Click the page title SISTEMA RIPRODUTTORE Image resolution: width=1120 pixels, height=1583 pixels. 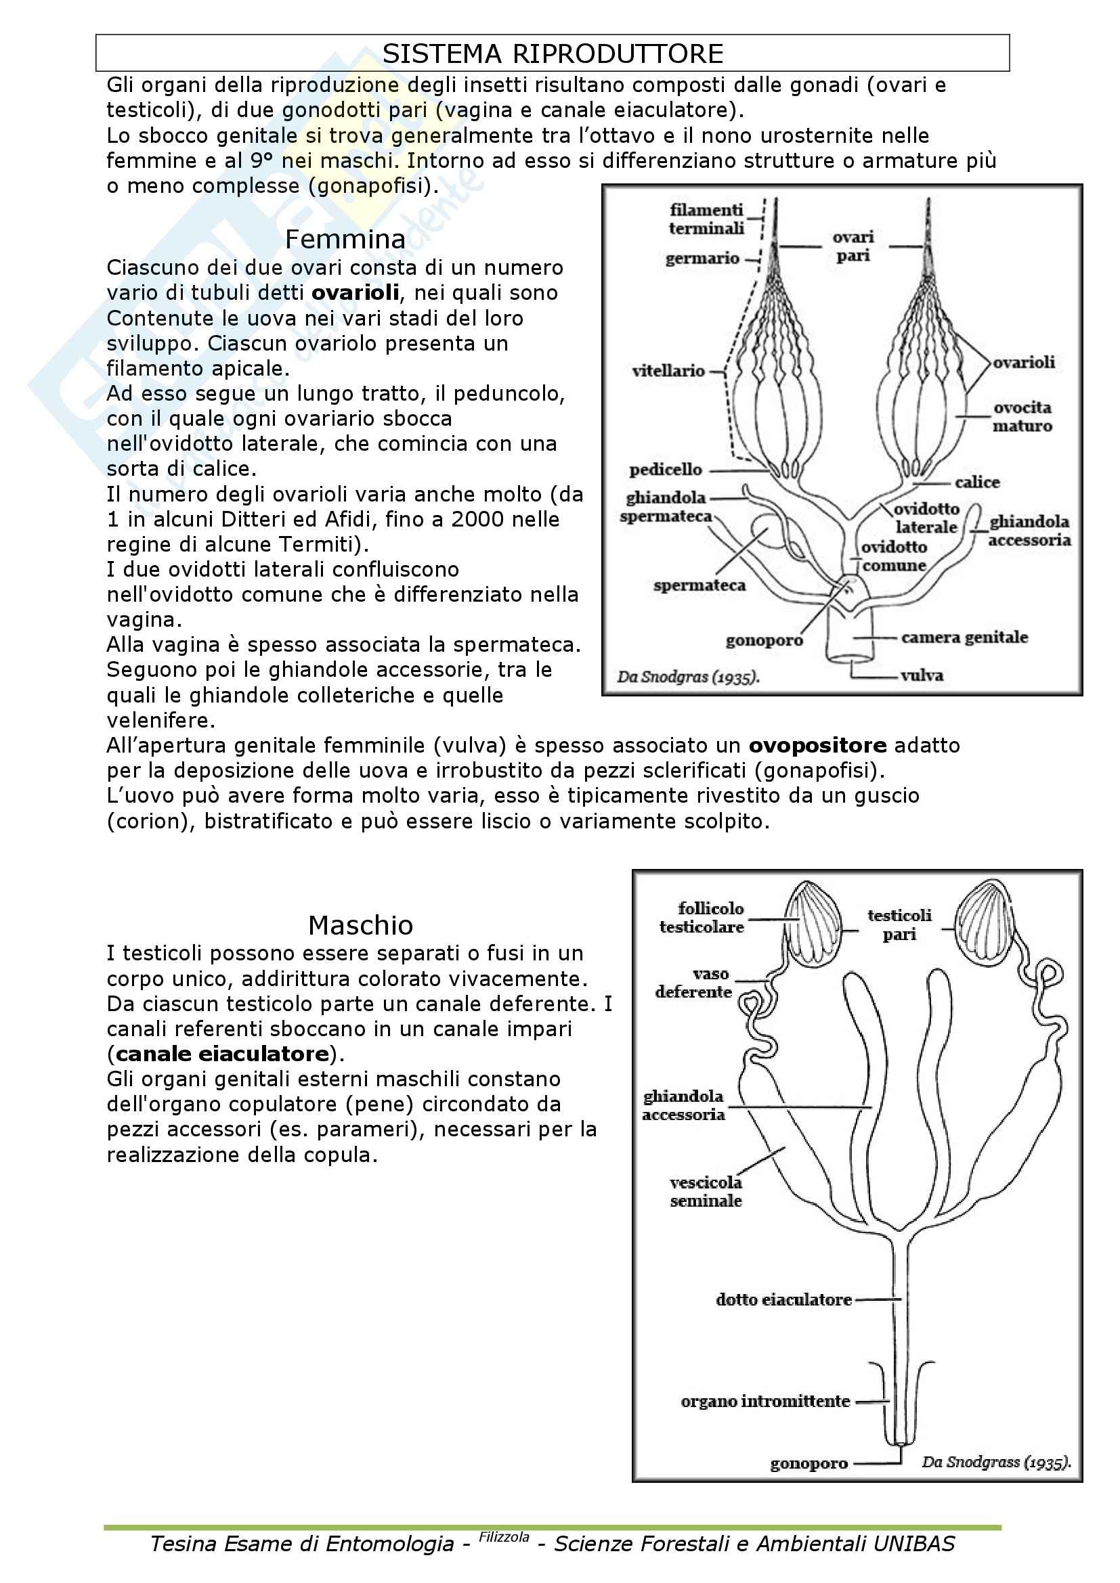pyautogui.click(x=553, y=53)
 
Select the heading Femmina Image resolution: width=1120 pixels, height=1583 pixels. pyautogui.click(x=345, y=239)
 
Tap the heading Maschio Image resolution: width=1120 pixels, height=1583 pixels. pyautogui.click(x=360, y=925)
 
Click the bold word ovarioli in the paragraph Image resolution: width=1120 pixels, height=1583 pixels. pyautogui.click(x=356, y=293)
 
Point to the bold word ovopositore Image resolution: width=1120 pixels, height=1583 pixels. pyautogui.click(x=817, y=745)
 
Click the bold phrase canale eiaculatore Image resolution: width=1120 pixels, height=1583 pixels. pyautogui.click(x=222, y=1054)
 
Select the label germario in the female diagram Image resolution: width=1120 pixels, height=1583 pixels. pyautogui.click(x=702, y=259)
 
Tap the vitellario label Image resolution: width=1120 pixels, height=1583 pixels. pyautogui.click(x=668, y=371)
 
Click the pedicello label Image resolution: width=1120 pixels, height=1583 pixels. pyautogui.click(x=666, y=470)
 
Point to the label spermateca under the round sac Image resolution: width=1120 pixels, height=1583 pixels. pyautogui.click(x=699, y=585)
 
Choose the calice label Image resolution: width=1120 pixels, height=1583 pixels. pyautogui.click(x=977, y=482)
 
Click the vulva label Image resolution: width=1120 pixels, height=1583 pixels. pyautogui.click(x=922, y=675)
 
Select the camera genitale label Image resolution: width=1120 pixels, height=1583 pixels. pyautogui.click(x=964, y=637)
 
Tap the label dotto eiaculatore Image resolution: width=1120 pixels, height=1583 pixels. pyautogui.click(x=783, y=1300)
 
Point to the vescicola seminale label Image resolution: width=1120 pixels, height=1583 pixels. pyautogui.click(x=706, y=1192)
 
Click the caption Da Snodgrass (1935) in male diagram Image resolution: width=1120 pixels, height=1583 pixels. pyautogui.click(x=995, y=1463)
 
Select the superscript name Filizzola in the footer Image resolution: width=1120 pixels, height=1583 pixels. pyautogui.click(x=504, y=1536)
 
